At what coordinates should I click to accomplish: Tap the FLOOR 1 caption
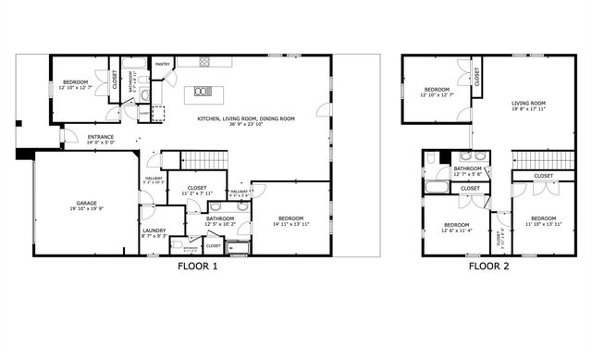coord(197,267)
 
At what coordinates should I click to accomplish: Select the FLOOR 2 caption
coord(488,267)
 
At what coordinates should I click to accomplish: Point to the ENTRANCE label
coord(101,138)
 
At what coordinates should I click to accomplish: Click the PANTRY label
coord(162,65)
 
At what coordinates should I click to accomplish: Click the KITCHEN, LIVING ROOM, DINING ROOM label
coord(245,118)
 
